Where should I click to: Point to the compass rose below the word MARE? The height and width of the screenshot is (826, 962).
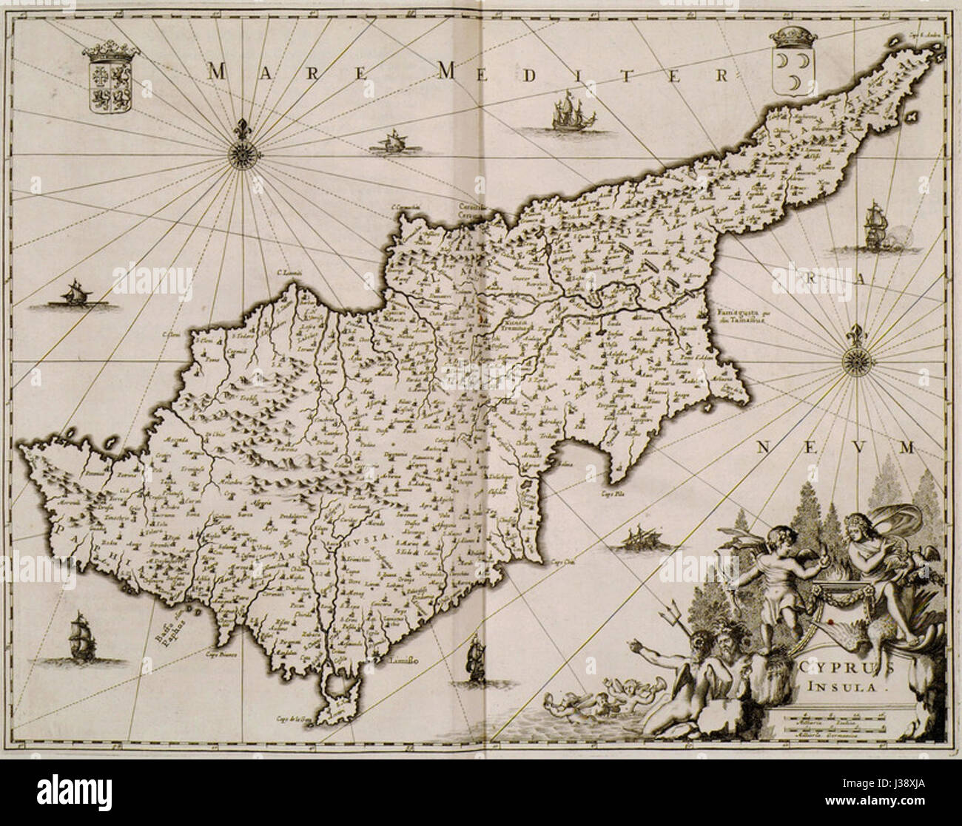pyautogui.click(x=240, y=153)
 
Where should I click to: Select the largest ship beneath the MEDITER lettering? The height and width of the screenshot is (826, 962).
pyautogui.click(x=566, y=112)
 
